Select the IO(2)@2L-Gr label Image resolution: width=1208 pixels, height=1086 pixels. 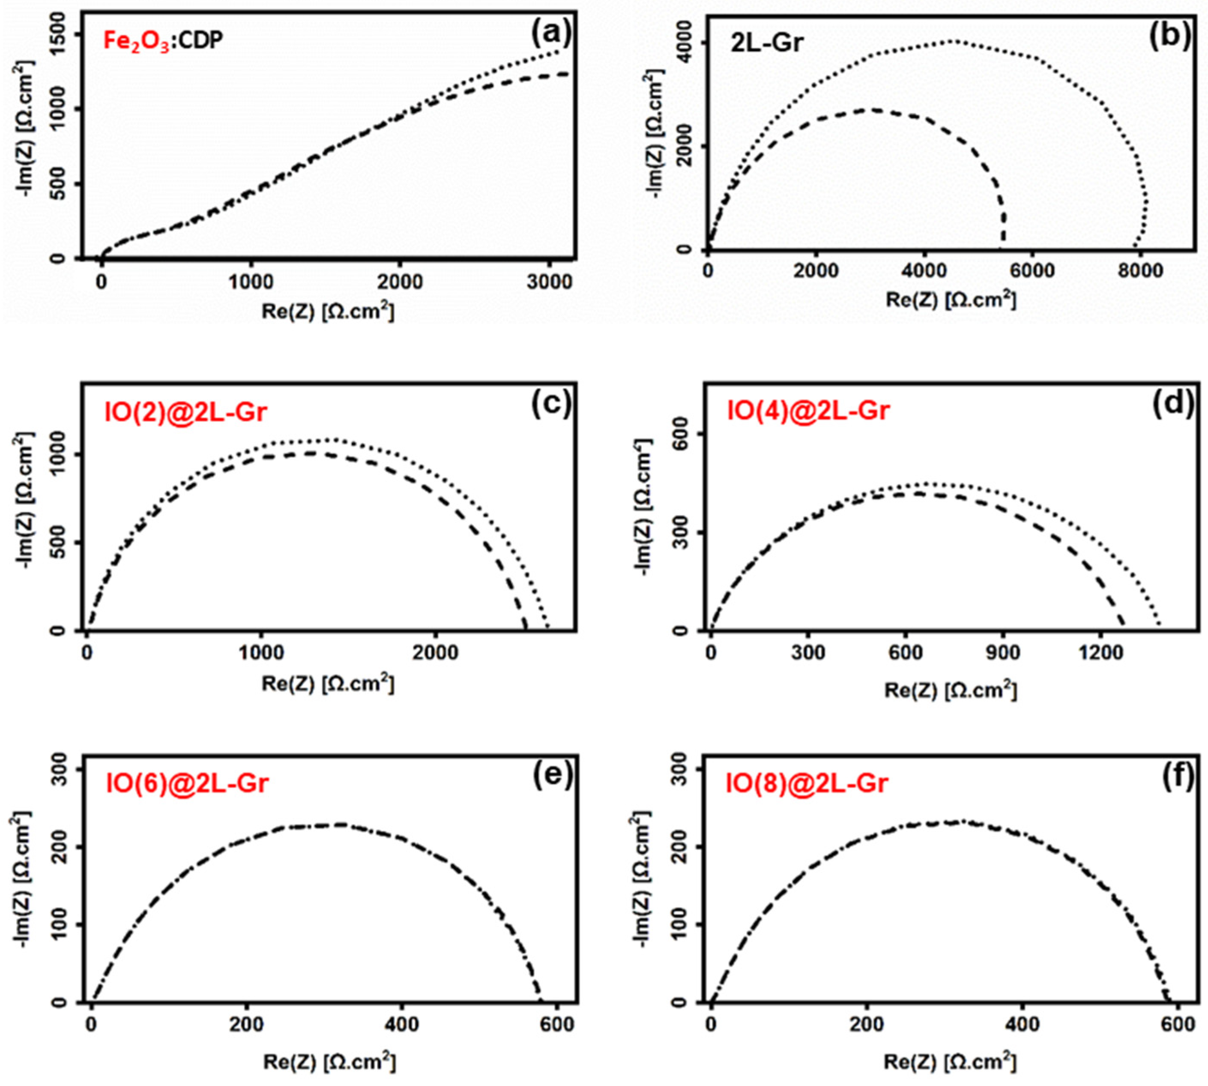(x=185, y=412)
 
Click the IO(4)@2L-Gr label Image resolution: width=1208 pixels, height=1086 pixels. (x=808, y=411)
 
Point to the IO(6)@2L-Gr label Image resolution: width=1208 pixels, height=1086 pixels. (x=187, y=783)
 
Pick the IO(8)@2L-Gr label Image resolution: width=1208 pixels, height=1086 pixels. (x=807, y=783)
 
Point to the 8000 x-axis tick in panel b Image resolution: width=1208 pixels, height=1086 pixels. (x=1139, y=271)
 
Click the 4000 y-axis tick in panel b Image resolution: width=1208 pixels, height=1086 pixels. (x=687, y=42)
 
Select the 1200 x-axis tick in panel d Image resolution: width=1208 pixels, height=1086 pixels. (x=1100, y=653)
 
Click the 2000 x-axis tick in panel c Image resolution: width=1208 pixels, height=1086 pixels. (x=436, y=653)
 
